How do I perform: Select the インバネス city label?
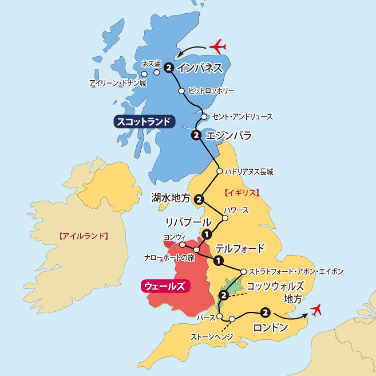tap(200, 68)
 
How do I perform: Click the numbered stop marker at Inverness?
tap(168, 68)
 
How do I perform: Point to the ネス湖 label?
tap(151, 63)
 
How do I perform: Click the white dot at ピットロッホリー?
tap(181, 91)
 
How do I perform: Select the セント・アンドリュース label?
tap(242, 116)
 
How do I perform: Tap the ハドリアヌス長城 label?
tap(249, 171)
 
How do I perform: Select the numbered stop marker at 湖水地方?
tap(199, 199)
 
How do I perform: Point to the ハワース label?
tap(236, 210)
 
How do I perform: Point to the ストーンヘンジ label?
tap(212, 337)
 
